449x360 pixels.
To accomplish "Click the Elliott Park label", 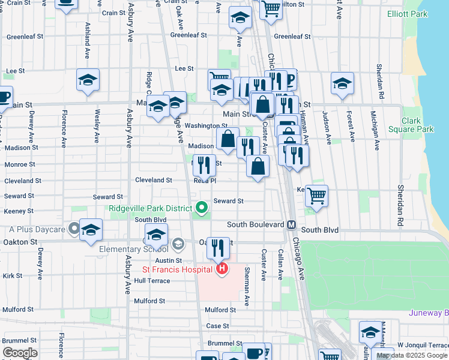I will (408, 13).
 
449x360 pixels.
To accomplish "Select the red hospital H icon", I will (222, 268).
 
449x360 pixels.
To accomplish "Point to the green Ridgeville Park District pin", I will (202, 208).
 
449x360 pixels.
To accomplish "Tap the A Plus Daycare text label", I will (37, 229).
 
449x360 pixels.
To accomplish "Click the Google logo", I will (20, 353).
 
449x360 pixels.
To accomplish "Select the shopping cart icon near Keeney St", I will (316, 196).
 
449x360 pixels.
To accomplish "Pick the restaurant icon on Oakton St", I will (218, 247).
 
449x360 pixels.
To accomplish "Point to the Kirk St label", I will (13, 276).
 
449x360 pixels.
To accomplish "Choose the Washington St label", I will (205, 126).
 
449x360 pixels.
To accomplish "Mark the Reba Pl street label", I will (205, 181).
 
